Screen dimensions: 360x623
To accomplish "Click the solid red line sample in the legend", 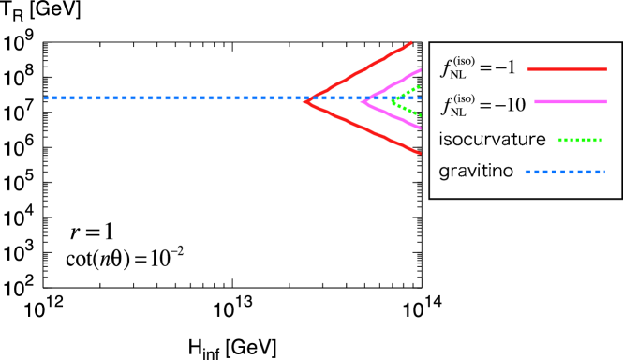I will [567, 69].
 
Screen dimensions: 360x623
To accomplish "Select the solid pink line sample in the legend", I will [571, 101].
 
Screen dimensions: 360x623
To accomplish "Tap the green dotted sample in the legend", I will [580, 140].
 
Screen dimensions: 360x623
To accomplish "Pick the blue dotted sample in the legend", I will [565, 172].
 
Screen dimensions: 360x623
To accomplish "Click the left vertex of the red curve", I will [304, 101].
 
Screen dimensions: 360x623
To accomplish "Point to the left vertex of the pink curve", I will [361, 101].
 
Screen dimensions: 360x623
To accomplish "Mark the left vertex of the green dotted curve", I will [392, 100].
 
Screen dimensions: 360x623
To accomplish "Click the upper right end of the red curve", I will [411, 42].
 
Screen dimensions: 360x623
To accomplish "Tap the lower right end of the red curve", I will [420, 153].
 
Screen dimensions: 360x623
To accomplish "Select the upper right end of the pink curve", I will [420, 70].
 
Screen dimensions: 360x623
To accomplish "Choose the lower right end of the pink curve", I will [420, 127].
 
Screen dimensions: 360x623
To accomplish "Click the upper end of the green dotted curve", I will [419, 86].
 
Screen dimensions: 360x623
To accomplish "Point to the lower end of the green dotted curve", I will [421, 115].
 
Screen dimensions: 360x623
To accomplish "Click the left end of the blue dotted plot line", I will [45, 97].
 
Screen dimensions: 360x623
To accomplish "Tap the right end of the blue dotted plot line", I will [420, 97].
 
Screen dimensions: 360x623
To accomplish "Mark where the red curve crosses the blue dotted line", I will [313, 97].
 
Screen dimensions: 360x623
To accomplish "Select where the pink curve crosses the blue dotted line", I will [368, 97].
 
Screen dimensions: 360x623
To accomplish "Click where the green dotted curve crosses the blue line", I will [395, 97].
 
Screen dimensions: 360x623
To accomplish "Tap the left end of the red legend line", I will [527, 69].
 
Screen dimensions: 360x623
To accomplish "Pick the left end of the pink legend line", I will [535, 101].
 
